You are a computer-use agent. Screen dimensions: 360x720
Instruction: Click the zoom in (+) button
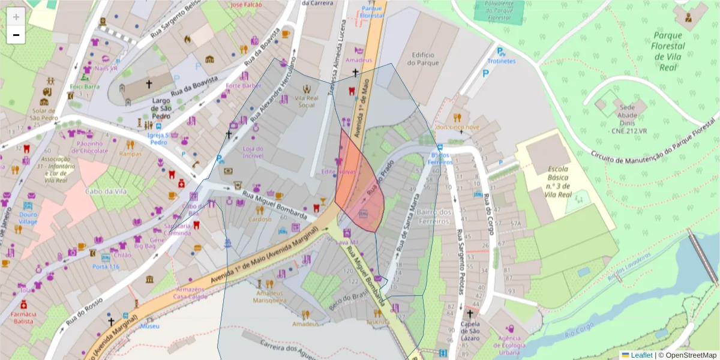[x=16, y=16]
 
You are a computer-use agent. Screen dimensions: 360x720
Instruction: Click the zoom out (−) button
[x=16, y=35]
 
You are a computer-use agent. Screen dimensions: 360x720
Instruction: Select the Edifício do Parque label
[x=422, y=59]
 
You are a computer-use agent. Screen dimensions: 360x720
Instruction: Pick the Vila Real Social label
[x=306, y=101]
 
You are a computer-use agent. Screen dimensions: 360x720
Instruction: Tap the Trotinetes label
[x=501, y=61]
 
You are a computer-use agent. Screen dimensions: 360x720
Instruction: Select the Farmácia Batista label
[x=23, y=318]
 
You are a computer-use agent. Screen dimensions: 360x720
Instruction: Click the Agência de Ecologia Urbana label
[x=509, y=344]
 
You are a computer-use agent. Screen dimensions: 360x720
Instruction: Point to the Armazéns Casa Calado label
[x=189, y=293]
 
